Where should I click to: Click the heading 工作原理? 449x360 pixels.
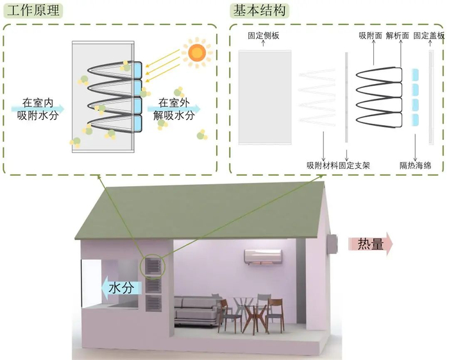point(30,12)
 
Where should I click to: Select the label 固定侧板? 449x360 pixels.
point(264,37)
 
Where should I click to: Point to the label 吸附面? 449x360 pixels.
point(369,37)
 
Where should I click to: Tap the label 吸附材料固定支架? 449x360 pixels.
point(338,165)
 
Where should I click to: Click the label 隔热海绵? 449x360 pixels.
point(415,165)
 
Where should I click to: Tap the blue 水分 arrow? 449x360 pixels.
point(119,287)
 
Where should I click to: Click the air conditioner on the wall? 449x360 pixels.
point(263,257)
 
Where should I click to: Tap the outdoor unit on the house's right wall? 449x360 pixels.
point(332,244)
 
